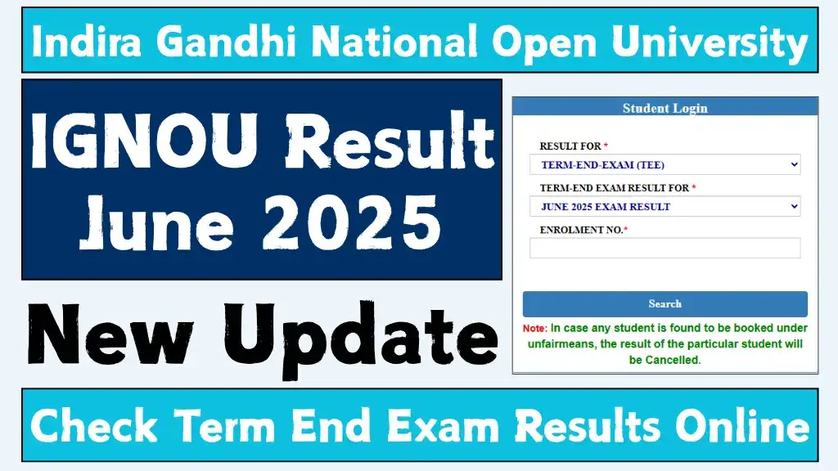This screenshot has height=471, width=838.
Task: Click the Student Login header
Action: point(665,108)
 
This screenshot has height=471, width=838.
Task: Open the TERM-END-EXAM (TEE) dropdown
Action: point(665,165)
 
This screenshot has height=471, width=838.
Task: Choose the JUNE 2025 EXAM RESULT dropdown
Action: point(665,207)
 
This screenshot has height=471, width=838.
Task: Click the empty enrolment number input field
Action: point(665,248)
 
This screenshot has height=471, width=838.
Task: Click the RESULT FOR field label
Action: point(570,146)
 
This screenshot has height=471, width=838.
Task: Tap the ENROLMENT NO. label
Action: point(582,231)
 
